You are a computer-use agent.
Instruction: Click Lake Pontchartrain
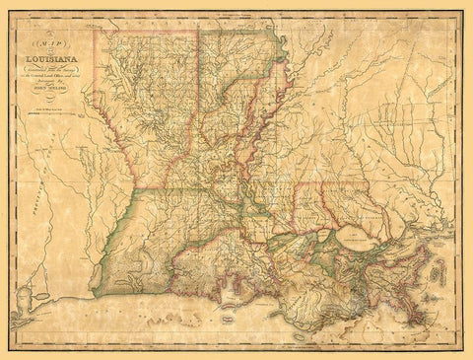point(358,237)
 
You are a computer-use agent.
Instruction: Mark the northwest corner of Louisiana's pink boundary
point(96,31)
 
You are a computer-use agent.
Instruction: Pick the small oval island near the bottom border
point(300,334)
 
